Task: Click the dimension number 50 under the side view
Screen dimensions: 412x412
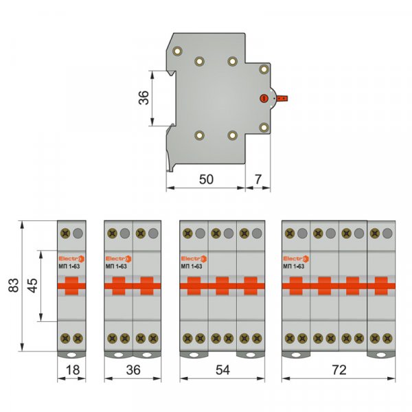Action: [x=206, y=179]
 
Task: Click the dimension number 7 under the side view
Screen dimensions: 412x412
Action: [x=257, y=179]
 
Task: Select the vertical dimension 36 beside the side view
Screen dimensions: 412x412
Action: [x=143, y=98]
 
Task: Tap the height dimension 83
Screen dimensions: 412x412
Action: [x=13, y=286]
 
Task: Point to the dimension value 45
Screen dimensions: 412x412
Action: [x=32, y=286]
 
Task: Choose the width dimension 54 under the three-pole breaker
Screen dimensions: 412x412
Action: [x=222, y=369]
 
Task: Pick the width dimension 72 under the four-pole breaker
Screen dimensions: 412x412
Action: [x=339, y=369]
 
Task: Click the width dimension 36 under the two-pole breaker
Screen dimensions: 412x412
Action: [x=133, y=369]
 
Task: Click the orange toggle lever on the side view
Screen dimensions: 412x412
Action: [x=285, y=99]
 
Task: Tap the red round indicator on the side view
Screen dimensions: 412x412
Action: [x=263, y=99]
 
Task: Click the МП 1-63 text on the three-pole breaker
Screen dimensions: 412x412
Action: [x=192, y=266]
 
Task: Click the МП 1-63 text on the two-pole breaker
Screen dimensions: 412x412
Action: [x=116, y=266]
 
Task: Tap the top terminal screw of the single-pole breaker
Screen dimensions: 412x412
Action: [x=65, y=233]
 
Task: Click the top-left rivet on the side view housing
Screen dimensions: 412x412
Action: [x=178, y=51]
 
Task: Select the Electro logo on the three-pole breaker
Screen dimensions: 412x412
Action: [x=193, y=258]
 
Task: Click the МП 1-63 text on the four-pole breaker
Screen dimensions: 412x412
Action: [x=294, y=266]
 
